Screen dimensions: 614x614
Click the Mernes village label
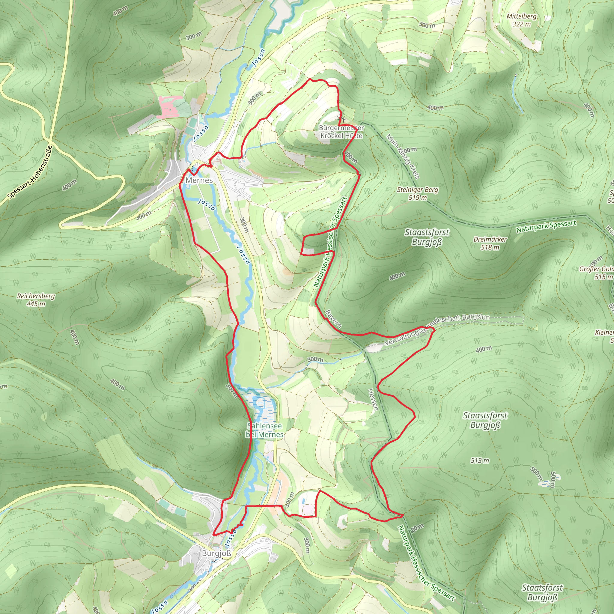tap(199, 180)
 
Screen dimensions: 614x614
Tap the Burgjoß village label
tap(216, 553)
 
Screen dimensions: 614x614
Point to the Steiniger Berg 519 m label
tap(417, 194)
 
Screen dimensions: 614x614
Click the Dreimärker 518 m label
tap(490, 243)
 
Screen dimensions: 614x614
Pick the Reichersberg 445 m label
tap(36, 300)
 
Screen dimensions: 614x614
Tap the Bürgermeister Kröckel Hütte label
tap(341, 132)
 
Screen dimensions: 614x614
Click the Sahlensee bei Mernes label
tap(264, 430)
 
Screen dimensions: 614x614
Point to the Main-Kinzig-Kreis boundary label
tap(403, 156)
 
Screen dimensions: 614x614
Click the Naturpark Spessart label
tap(546, 226)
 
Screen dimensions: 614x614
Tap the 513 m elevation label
tap(480, 460)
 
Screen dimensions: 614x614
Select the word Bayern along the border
tap(333, 319)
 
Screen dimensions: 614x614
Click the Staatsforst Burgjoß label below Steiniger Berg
tap(427, 237)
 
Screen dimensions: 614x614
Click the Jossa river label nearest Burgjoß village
tap(231, 538)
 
